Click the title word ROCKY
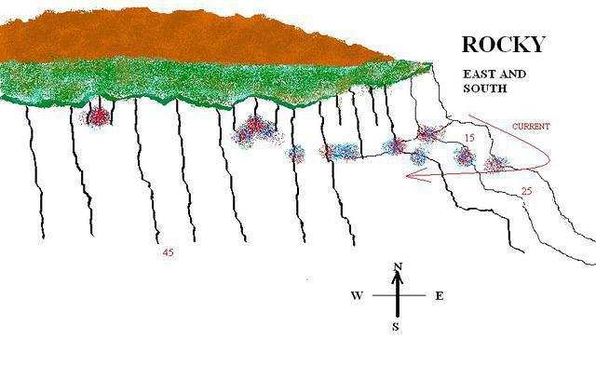(x=504, y=44)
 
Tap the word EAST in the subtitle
(x=479, y=74)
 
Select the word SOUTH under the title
(x=485, y=88)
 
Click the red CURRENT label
(x=531, y=127)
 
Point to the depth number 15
(x=469, y=138)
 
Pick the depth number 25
(x=526, y=191)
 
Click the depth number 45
(x=168, y=252)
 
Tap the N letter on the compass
(x=398, y=266)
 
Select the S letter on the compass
(x=396, y=327)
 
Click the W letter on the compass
(x=357, y=295)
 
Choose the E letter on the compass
(x=439, y=295)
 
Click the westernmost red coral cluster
(x=97, y=116)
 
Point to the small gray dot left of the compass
(x=307, y=279)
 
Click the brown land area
(x=183, y=36)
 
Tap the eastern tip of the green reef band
(x=432, y=64)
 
